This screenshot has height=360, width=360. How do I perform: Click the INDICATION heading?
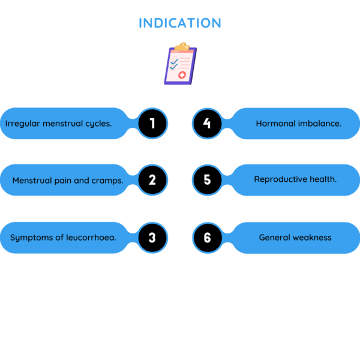click(180, 23)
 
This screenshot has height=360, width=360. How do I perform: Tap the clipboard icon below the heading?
click(180, 63)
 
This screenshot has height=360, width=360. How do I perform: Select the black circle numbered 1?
click(152, 124)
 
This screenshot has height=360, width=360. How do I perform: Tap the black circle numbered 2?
click(152, 180)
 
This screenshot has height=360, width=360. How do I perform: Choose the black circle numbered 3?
click(152, 238)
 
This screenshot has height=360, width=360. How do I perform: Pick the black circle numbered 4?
click(208, 124)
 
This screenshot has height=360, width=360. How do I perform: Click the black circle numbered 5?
click(208, 180)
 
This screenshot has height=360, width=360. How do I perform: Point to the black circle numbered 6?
click(208, 238)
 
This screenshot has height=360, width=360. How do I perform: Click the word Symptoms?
click(30, 238)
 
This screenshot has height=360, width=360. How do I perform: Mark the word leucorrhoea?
click(89, 238)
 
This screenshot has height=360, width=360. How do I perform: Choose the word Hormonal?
click(275, 124)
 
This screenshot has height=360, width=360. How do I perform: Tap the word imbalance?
click(319, 124)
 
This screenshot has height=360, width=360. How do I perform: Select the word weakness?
click(313, 238)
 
